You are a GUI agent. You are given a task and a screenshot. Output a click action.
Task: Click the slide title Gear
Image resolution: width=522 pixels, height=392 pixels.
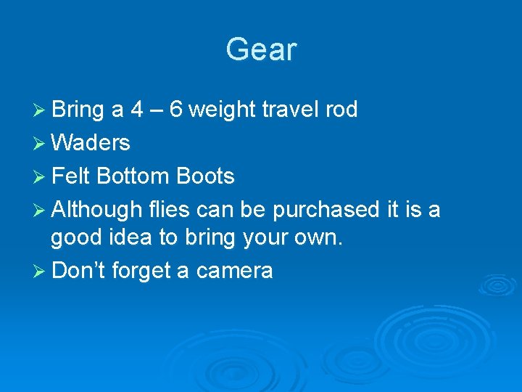[x=261, y=50]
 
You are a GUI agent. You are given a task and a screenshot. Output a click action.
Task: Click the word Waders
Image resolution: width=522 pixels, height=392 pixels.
[x=91, y=143]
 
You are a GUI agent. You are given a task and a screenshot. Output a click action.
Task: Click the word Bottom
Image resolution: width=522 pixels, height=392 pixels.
[x=131, y=176]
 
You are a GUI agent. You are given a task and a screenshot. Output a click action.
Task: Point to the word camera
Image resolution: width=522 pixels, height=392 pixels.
[x=234, y=271]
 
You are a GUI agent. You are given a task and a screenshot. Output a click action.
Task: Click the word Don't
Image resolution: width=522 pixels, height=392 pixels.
[x=78, y=271]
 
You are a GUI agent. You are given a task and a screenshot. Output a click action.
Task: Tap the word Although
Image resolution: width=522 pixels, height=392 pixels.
[x=97, y=211]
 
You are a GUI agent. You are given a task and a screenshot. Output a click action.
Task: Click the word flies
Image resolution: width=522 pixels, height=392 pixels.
[x=168, y=210]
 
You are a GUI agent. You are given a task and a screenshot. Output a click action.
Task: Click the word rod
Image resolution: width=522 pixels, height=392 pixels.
[x=341, y=110]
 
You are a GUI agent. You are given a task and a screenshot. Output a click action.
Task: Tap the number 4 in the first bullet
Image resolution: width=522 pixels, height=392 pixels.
[x=136, y=110]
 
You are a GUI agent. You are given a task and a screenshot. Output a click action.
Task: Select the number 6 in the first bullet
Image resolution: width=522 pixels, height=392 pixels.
[x=175, y=110]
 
